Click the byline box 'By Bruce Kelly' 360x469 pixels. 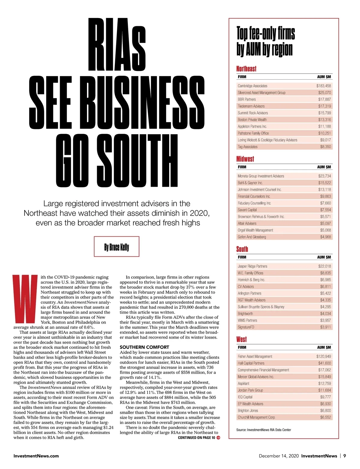coord(116,247)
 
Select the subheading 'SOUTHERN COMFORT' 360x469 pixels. coord(144,347)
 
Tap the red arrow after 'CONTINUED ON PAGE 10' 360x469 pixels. coord(218,438)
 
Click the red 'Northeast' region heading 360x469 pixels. coord(246,69)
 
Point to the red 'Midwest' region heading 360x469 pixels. coord(245,159)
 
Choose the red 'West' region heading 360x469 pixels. coord(241,339)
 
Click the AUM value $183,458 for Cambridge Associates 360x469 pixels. coord(323,86)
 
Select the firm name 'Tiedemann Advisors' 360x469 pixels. coord(251,106)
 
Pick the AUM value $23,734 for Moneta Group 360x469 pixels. coord(324,176)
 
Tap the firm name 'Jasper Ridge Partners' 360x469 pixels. coord(252,266)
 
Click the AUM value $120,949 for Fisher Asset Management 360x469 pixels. coord(323,357)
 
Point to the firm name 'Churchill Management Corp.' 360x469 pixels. coord(256,417)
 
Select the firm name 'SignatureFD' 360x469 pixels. coord(246,327)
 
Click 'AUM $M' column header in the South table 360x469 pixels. coord(324,257)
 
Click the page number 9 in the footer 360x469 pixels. coord(345,456)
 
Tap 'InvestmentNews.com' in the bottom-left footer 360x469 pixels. coord(36,456)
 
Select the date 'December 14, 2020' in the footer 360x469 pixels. coord(279,456)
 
